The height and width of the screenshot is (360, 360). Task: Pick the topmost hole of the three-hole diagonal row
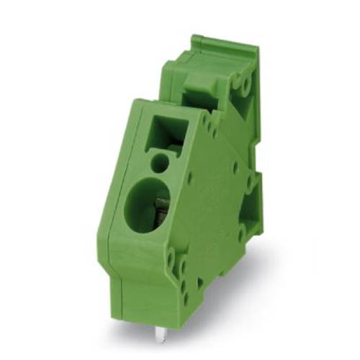[x=209, y=122]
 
